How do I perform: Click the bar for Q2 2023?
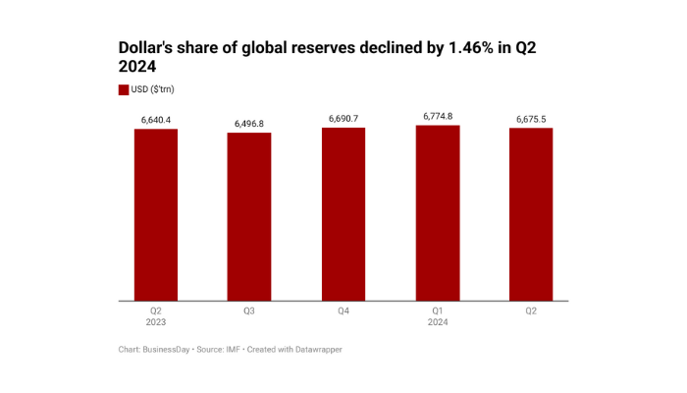pyautogui.click(x=156, y=214)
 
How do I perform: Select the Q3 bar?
pyautogui.click(x=249, y=216)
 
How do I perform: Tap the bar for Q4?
pyautogui.click(x=343, y=213)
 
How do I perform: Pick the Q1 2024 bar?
pyautogui.click(x=437, y=212)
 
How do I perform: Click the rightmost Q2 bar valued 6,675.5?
pyautogui.click(x=531, y=214)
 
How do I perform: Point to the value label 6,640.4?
pyautogui.click(x=156, y=120)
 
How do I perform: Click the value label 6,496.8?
pyautogui.click(x=249, y=124)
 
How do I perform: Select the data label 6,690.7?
pyautogui.click(x=343, y=119)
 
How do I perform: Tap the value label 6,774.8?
pyautogui.click(x=437, y=116)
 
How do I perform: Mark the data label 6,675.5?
pyautogui.click(x=531, y=119)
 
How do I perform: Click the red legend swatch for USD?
pyautogui.click(x=124, y=89)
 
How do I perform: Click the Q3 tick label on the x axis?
pyautogui.click(x=249, y=310)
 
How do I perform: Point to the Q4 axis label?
pyautogui.click(x=343, y=310)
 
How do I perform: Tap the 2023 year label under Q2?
pyautogui.click(x=156, y=322)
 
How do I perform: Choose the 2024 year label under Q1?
pyautogui.click(x=437, y=322)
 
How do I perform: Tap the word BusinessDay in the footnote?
pyautogui.click(x=167, y=350)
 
